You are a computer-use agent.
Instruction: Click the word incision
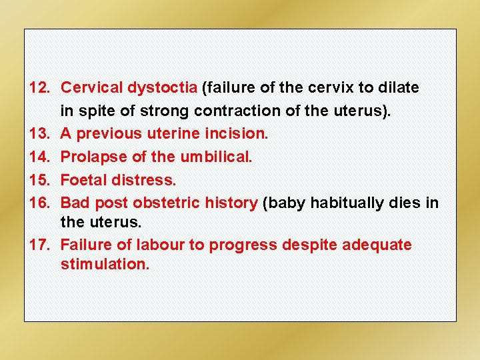pos(241,133)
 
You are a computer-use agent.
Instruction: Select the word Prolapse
pos(91,157)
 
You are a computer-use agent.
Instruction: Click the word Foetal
pos(83,180)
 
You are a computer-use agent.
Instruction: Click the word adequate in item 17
pos(377,245)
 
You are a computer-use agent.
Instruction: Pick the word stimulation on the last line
pos(105,264)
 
